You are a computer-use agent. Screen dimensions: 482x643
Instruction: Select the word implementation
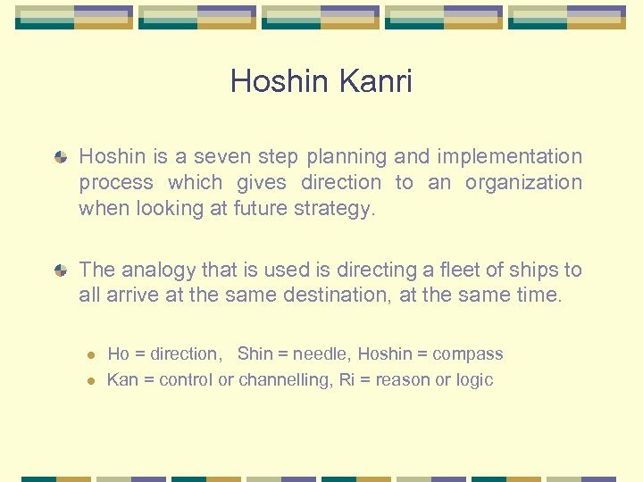[x=510, y=156]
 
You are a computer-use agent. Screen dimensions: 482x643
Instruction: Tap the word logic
[x=472, y=380]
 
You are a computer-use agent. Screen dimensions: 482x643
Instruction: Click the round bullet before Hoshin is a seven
[x=60, y=157]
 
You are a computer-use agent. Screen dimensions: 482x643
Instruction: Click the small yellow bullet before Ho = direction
[x=89, y=355]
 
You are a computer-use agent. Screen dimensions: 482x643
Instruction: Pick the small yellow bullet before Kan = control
[x=89, y=381]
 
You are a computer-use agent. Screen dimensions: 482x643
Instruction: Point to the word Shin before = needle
[x=255, y=354]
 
